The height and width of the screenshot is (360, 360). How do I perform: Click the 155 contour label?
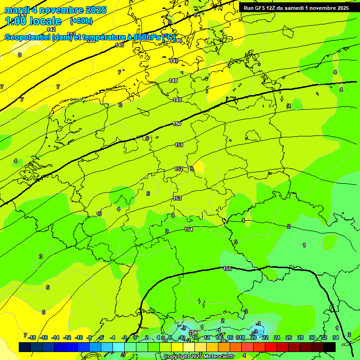coord(227,269)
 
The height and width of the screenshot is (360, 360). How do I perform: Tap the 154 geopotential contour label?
coord(188,229)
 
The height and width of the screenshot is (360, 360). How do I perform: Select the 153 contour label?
coord(177,198)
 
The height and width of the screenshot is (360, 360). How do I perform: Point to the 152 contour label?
coord(179,169)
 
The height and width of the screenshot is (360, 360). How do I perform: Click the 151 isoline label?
coord(179,145)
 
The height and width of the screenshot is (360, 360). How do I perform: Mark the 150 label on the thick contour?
coord(177,124)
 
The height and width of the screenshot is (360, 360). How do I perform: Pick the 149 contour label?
coord(177,100)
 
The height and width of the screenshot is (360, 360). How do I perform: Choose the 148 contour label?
coord(173,81)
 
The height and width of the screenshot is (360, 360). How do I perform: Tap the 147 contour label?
coord(174,61)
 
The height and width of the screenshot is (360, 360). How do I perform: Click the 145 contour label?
coord(120,45)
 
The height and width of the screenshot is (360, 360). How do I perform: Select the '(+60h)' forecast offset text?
coord(81,21)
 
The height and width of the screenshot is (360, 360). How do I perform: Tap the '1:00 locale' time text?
coord(33,21)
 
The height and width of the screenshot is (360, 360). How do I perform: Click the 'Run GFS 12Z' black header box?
coord(296,8)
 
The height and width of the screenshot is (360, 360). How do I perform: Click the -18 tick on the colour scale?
coord(32,337)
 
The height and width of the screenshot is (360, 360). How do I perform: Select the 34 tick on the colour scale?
coord(336,337)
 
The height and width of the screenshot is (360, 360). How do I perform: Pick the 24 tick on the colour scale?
coord(277,337)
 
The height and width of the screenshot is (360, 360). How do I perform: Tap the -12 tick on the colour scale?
coord(67,337)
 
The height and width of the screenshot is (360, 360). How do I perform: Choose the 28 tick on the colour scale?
coord(300,337)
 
